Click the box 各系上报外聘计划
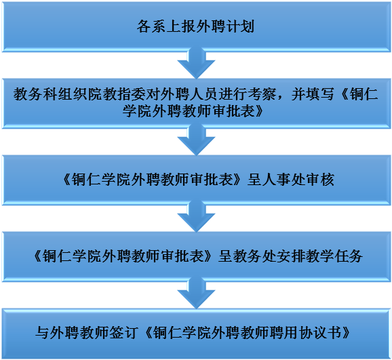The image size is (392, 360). coord(196,26)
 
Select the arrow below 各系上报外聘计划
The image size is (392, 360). coord(196,64)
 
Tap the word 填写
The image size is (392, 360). coord(319,94)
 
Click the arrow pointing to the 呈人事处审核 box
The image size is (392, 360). coord(196,141)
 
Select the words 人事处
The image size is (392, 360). coord(283,180)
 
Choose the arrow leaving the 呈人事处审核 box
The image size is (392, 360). coord(196,218)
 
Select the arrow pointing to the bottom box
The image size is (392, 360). coord(196,295)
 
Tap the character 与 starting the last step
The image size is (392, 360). coord(42,333)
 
